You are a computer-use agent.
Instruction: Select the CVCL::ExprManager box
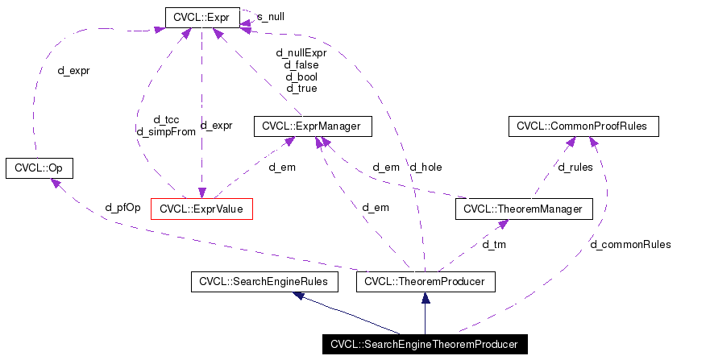coord(313,126)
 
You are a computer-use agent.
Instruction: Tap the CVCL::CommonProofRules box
coord(583,126)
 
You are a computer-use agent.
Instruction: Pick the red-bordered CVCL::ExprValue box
coord(201,209)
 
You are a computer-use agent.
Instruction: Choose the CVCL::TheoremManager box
coord(524,209)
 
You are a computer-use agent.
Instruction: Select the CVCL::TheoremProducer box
coord(425,282)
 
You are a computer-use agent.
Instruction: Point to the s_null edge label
coord(270,16)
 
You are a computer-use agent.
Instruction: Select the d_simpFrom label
coord(166,131)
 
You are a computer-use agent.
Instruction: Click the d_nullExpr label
coord(301,53)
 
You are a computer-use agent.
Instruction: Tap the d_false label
coord(301,65)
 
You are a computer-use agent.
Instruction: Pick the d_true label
coord(301,89)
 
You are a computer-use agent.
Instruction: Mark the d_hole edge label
coord(426,168)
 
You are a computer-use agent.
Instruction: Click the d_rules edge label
coord(575,168)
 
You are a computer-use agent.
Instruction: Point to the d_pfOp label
coord(122,207)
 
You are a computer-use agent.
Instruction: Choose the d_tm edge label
coord(493,243)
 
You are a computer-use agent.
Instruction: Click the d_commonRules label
coord(630,244)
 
